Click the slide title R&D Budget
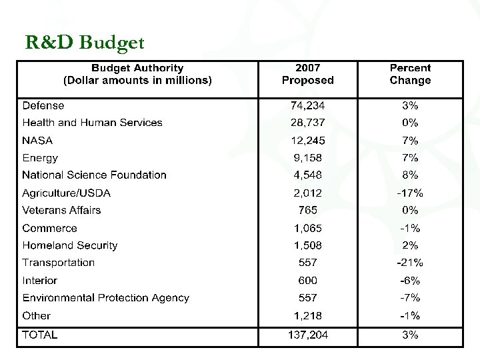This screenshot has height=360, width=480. tap(85, 43)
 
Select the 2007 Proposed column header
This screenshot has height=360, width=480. tap(307, 74)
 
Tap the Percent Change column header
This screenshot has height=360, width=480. tap(410, 74)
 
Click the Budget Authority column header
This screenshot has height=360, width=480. tap(137, 74)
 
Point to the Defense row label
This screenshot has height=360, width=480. tap(43, 105)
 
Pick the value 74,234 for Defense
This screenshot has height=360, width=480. tap(307, 105)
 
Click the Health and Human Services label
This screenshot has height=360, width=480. tap(92, 123)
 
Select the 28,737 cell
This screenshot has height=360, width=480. tap(307, 123)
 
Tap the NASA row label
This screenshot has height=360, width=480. tap(37, 141)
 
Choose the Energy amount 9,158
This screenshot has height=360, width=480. tap(307, 158)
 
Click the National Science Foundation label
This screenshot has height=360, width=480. tap(94, 175)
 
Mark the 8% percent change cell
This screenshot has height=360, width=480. tap(410, 175)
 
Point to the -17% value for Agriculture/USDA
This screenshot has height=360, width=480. tap(410, 193)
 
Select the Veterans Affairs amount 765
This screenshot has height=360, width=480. tap(307, 210)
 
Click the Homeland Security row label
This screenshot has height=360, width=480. tap(69, 245)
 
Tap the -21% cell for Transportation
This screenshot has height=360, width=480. tap(410, 263)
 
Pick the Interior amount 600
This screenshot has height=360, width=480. tap(307, 281)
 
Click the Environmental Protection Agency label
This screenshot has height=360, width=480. tap(105, 298)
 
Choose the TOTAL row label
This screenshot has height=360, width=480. tap(40, 335)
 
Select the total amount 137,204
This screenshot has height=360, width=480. tap(307, 335)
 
